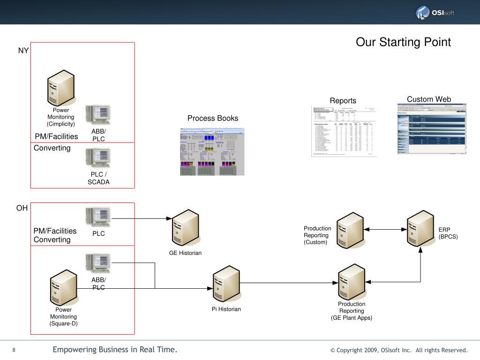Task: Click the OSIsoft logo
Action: pyautogui.click(x=435, y=13)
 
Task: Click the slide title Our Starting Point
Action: pyautogui.click(x=403, y=42)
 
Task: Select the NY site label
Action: pyautogui.click(x=23, y=51)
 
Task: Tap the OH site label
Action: pyautogui.click(x=22, y=208)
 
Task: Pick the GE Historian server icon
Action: pyautogui.click(x=186, y=228)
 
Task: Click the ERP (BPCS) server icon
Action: pyautogui.click(x=420, y=228)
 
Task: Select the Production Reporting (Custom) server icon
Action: pyautogui.click(x=350, y=230)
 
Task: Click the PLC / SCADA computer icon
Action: pyautogui.click(x=98, y=158)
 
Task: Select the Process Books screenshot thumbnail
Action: pyautogui.click(x=212, y=151)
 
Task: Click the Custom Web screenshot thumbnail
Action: pyautogui.click(x=432, y=129)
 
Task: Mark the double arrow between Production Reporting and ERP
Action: pyautogui.click(x=385, y=229)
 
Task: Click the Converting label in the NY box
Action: pyautogui.click(x=52, y=148)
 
